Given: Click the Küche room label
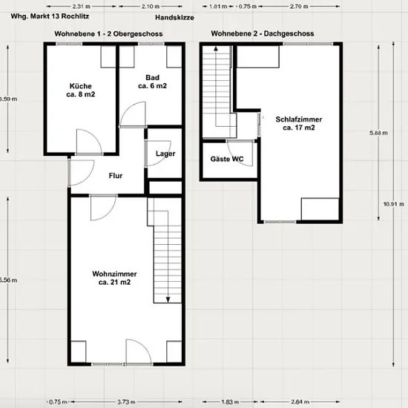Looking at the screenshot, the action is [81, 90].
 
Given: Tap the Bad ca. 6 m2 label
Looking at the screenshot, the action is [152, 82].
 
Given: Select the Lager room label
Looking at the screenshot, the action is [165, 154].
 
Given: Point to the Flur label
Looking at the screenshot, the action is [116, 176].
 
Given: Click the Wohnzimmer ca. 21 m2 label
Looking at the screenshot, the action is [114, 278].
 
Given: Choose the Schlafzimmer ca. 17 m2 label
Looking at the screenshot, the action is [299, 123].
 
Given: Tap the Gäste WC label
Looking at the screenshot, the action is [227, 159].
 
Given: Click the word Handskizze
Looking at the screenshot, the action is [174, 18].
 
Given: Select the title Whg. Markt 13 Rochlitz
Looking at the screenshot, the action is [50, 16].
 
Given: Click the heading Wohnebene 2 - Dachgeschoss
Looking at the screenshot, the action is [263, 33].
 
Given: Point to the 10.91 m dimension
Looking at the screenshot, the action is [394, 204].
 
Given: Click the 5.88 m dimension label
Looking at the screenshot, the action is [378, 133].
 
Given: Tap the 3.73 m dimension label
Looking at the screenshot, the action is [126, 402].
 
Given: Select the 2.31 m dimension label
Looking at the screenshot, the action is [81, 6].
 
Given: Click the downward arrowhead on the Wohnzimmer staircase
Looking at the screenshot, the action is [168, 300].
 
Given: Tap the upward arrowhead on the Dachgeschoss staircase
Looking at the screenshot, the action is [216, 48].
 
